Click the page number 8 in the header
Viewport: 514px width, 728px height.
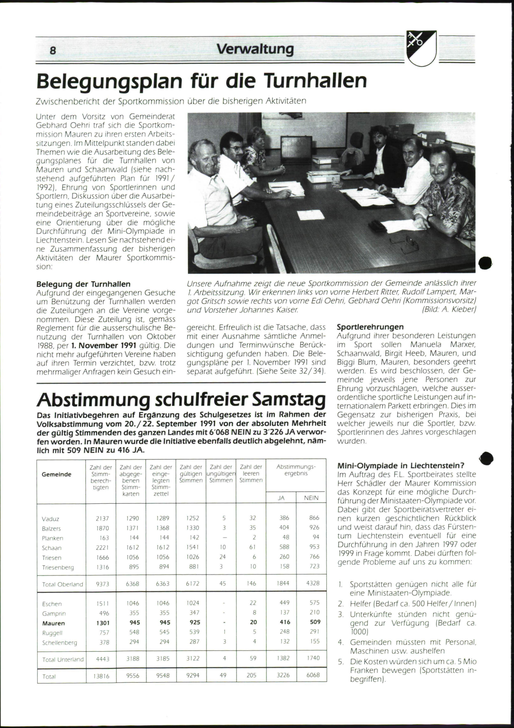[x=53, y=50]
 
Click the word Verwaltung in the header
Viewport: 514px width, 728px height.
[x=255, y=49]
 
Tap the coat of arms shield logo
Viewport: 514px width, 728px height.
[x=422, y=48]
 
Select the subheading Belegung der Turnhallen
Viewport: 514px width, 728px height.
[x=84, y=284]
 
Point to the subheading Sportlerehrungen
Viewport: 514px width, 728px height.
[x=370, y=327]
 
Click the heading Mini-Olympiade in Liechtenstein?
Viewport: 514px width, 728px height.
[x=401, y=466]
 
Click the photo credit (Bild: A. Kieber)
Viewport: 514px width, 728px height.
[x=449, y=309]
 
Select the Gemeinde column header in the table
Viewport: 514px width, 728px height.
[x=57, y=474]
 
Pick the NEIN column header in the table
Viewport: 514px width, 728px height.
[x=311, y=498]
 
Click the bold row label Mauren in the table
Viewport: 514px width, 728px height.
[x=54, y=623]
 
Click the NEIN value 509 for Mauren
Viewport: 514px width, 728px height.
[x=315, y=622]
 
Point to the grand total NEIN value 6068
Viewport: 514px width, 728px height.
[x=313, y=675]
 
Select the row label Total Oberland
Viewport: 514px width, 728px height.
[x=63, y=584]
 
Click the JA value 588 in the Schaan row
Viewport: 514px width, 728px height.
[x=284, y=547]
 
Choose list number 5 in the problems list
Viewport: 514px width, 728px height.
[x=341, y=662]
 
